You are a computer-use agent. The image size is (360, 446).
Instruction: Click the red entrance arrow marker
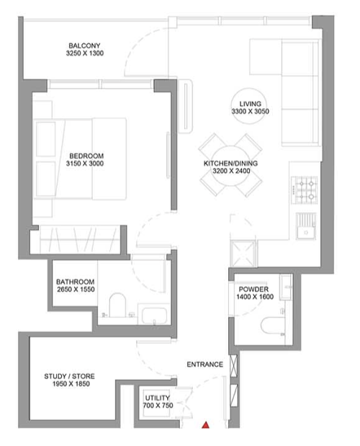tap(205, 425)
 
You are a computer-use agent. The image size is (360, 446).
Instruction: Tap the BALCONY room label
tap(84, 45)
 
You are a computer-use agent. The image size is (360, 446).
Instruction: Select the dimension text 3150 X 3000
tap(85, 164)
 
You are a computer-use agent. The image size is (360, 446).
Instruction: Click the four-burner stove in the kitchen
tap(305, 190)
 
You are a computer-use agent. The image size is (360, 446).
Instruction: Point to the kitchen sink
tap(306, 226)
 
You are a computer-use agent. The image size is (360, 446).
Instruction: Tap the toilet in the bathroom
tap(117, 305)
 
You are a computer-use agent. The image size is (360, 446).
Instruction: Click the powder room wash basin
tap(286, 287)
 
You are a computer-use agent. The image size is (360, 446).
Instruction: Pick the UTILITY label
tap(158, 398)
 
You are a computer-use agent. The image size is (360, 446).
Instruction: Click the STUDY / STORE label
tap(69, 376)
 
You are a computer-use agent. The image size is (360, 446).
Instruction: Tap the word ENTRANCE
tap(205, 365)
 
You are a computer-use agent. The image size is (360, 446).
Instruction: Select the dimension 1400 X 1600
tap(255, 297)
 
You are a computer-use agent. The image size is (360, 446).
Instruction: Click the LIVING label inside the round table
tap(250, 104)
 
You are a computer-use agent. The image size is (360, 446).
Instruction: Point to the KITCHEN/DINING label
tap(230, 164)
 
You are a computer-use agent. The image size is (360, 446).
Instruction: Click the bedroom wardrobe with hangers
tap(79, 239)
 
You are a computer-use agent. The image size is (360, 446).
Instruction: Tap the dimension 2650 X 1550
tap(76, 289)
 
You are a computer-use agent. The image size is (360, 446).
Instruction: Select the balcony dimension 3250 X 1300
tap(85, 53)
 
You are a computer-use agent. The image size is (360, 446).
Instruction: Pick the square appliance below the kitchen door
tap(244, 254)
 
